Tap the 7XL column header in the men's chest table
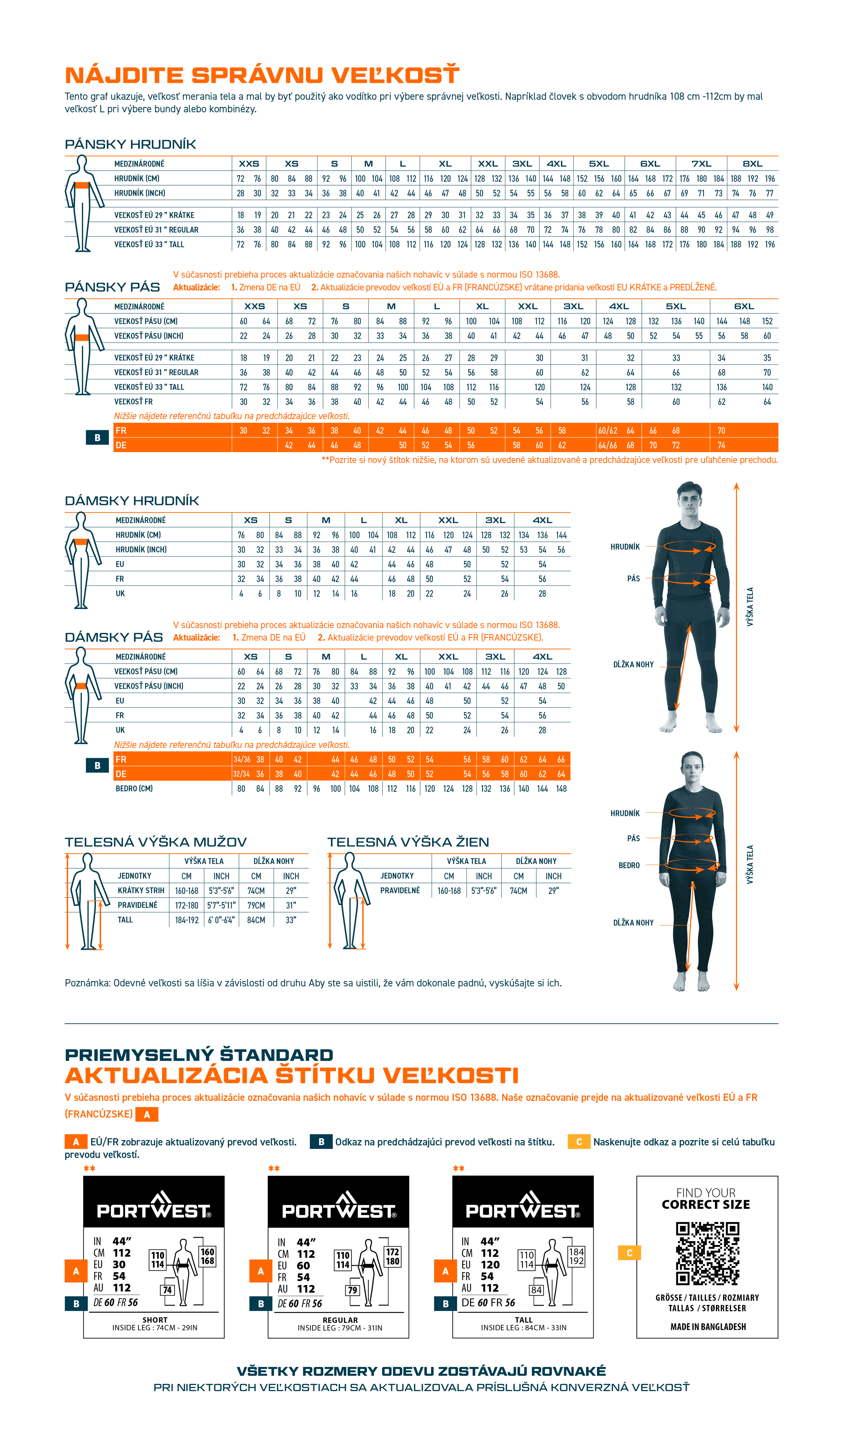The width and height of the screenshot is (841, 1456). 701,164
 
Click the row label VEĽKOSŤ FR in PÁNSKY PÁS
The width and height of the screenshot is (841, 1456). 133,402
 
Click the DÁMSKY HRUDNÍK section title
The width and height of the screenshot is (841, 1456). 132,500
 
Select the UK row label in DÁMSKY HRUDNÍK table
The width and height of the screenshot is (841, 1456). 120,593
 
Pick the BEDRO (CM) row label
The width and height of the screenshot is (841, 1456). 134,789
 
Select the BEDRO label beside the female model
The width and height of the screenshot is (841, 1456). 629,865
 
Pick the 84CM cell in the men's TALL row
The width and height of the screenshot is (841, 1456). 256,920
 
